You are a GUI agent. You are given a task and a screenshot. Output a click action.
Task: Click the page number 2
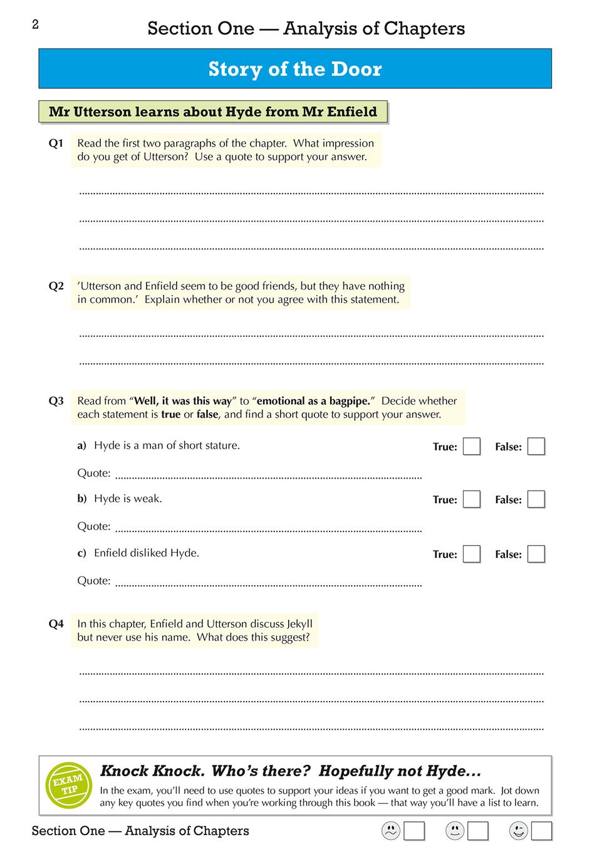35,24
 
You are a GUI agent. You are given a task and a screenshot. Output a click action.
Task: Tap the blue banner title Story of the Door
294,69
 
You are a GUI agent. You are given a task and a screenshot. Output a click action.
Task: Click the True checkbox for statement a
472,447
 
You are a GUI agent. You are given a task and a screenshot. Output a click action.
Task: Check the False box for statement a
536,447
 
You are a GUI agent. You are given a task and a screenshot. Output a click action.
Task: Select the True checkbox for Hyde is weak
472,499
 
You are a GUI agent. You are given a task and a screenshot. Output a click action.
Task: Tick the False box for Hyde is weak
536,499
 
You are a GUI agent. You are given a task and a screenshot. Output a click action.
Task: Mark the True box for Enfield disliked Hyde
472,554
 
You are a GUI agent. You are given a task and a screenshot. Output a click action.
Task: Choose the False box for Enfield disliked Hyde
536,554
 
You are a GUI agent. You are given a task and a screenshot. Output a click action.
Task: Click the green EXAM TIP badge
69,785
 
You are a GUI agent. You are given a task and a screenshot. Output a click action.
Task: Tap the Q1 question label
56,143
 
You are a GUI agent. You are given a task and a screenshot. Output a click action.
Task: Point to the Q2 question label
56,286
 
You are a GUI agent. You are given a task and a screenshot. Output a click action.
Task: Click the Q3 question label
56,401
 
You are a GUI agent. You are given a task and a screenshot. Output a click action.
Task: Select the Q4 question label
56,624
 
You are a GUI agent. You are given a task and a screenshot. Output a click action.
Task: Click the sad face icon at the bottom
391,831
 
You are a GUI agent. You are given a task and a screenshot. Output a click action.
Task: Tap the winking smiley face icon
519,831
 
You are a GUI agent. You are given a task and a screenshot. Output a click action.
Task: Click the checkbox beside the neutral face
478,831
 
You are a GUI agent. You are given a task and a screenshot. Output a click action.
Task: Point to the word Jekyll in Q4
299,624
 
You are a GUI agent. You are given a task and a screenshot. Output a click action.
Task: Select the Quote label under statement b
93,526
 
